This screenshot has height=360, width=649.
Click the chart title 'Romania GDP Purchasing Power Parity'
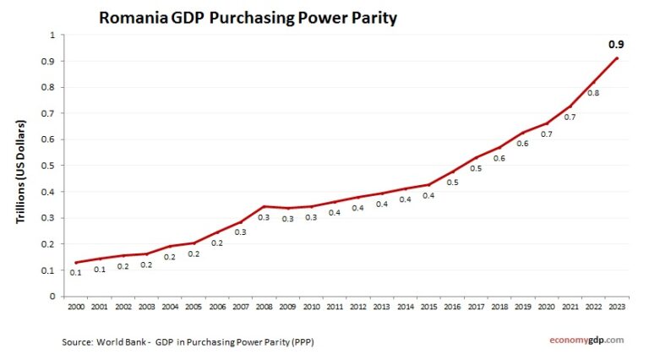coord(248,17)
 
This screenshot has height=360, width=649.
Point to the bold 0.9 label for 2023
coord(617,44)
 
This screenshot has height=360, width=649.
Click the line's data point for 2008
coord(265,206)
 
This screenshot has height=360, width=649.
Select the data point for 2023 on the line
coord(618,58)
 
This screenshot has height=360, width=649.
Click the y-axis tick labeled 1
coord(52,35)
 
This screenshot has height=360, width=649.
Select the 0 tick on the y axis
coord(52,297)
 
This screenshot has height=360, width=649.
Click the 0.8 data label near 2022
coord(594,93)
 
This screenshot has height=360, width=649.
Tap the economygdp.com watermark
coord(582,340)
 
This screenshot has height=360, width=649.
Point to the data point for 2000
coord(76,263)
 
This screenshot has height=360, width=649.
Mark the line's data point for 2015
coord(429,184)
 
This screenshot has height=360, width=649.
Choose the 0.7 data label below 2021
coord(570,117)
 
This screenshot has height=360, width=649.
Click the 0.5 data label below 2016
coord(452,183)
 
